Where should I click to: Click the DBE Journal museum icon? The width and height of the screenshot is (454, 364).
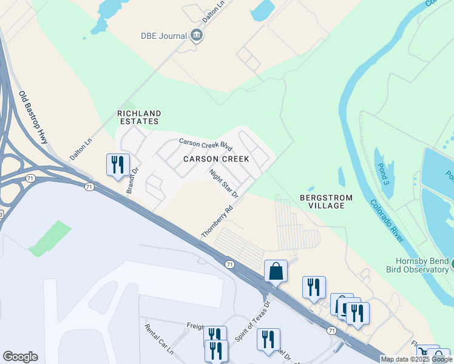pyautogui.click(x=197, y=36)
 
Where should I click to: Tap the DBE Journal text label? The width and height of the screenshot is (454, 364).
pyautogui.click(x=164, y=36)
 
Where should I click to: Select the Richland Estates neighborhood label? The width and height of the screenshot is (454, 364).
pyautogui.click(x=139, y=117)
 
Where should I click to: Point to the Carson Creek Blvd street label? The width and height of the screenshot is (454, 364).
pyautogui.click(x=206, y=146)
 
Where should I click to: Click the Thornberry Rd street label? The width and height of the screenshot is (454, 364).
pyautogui.click(x=217, y=222)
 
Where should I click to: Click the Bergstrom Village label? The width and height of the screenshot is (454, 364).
pyautogui.click(x=322, y=201)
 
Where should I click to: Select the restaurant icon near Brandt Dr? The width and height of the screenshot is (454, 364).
pyautogui.click(x=117, y=164)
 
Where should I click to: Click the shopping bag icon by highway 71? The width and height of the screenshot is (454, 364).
pyautogui.click(x=276, y=271)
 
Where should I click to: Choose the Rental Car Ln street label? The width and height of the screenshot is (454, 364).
pyautogui.click(x=159, y=339)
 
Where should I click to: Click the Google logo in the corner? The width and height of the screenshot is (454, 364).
pyautogui.click(x=20, y=357)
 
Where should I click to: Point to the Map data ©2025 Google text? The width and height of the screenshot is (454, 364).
pyautogui.click(x=416, y=359)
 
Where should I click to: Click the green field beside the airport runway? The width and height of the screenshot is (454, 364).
pyautogui.click(x=50, y=238)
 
